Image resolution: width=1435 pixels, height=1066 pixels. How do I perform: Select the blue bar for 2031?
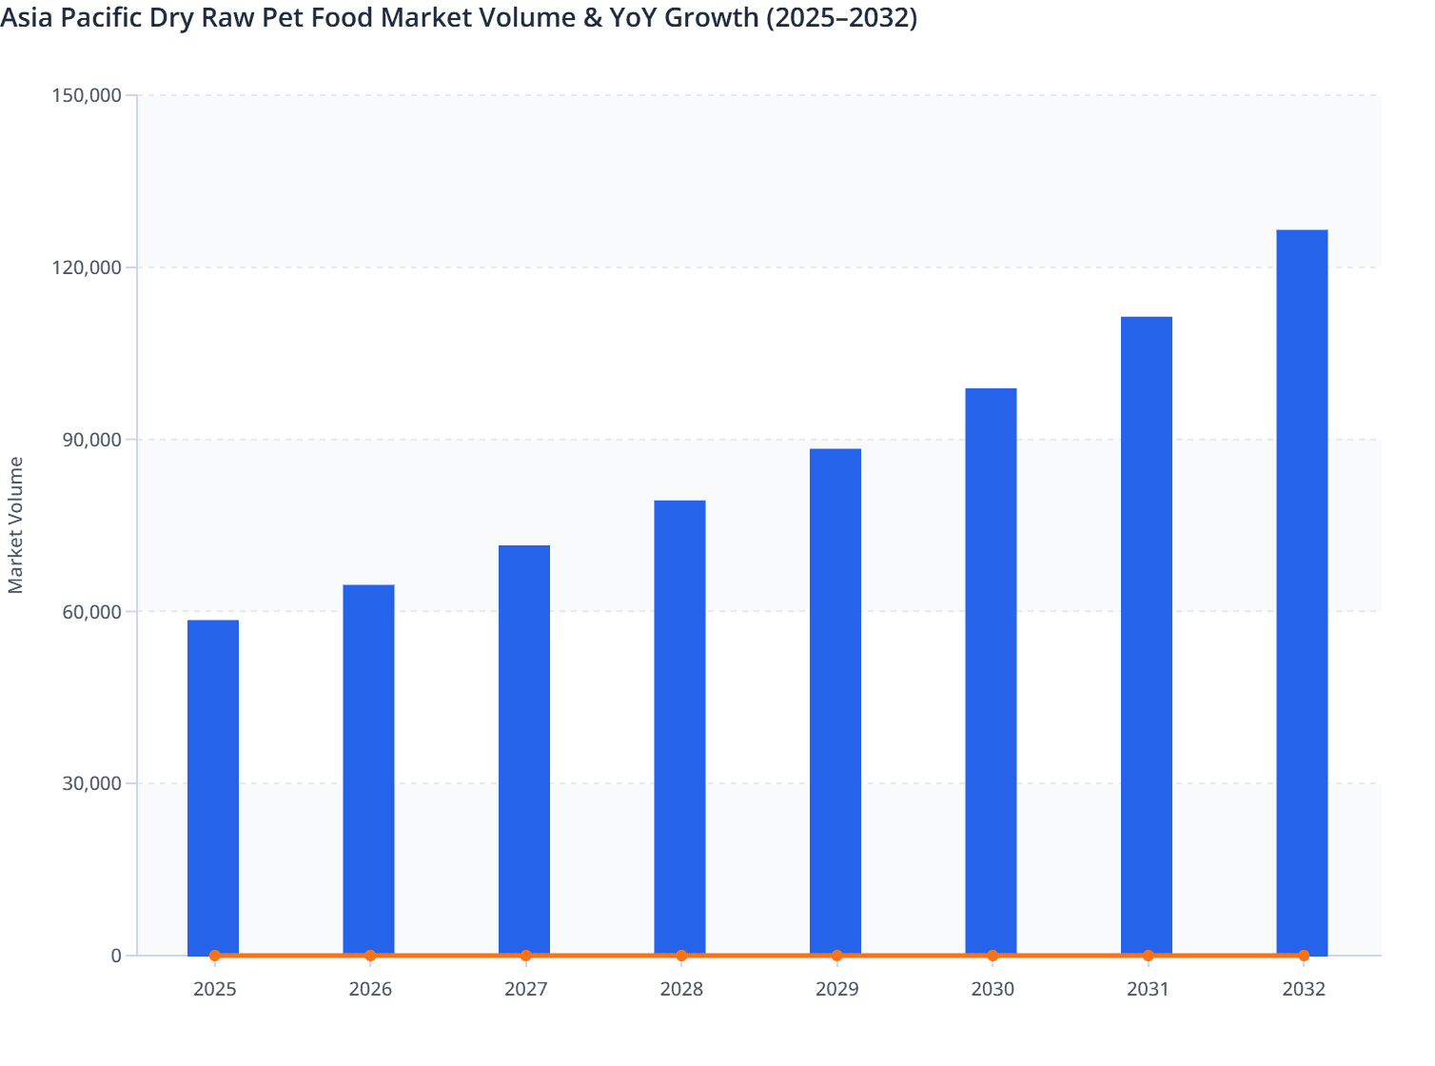click(1147, 635)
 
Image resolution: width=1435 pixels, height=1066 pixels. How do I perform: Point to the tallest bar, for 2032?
click(1302, 591)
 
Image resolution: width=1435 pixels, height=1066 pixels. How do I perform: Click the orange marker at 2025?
click(215, 956)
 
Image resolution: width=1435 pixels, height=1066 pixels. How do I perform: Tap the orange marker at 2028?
click(681, 956)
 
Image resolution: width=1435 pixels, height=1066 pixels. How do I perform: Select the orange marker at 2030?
click(993, 956)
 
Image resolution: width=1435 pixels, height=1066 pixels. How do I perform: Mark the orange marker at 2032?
click(1304, 956)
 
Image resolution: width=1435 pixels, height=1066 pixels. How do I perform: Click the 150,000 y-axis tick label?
click(85, 95)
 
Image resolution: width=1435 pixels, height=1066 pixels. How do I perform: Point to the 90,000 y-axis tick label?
click(88, 440)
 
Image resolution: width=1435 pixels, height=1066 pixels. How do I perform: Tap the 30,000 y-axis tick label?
click(88, 783)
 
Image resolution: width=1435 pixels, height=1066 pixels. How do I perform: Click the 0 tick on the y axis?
click(116, 956)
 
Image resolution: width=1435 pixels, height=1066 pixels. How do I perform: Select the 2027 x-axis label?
click(525, 989)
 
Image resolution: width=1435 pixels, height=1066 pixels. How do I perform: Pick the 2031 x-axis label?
click(1148, 989)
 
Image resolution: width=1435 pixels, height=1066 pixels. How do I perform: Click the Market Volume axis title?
click(16, 524)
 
